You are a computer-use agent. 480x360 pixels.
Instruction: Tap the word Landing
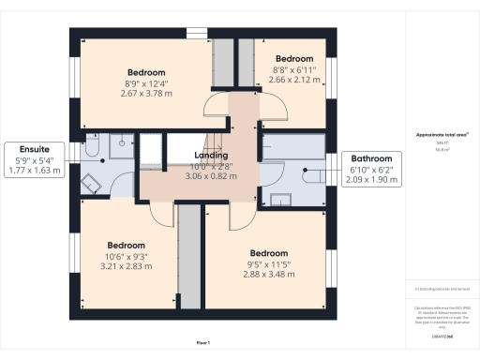[211, 156]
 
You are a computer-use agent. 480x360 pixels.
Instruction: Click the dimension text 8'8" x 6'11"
[293, 70]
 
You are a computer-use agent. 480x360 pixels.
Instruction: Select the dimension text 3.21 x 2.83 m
[126, 265]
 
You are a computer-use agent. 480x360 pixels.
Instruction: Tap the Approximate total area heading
[442, 135]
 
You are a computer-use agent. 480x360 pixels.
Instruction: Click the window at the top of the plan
[197, 34]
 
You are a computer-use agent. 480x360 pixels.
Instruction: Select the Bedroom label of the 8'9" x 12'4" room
[146, 72]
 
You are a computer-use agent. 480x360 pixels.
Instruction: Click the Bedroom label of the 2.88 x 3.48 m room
[268, 253]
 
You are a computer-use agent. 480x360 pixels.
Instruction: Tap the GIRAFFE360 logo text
[442, 335]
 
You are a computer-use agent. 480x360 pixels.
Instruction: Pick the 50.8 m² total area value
[442, 149]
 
